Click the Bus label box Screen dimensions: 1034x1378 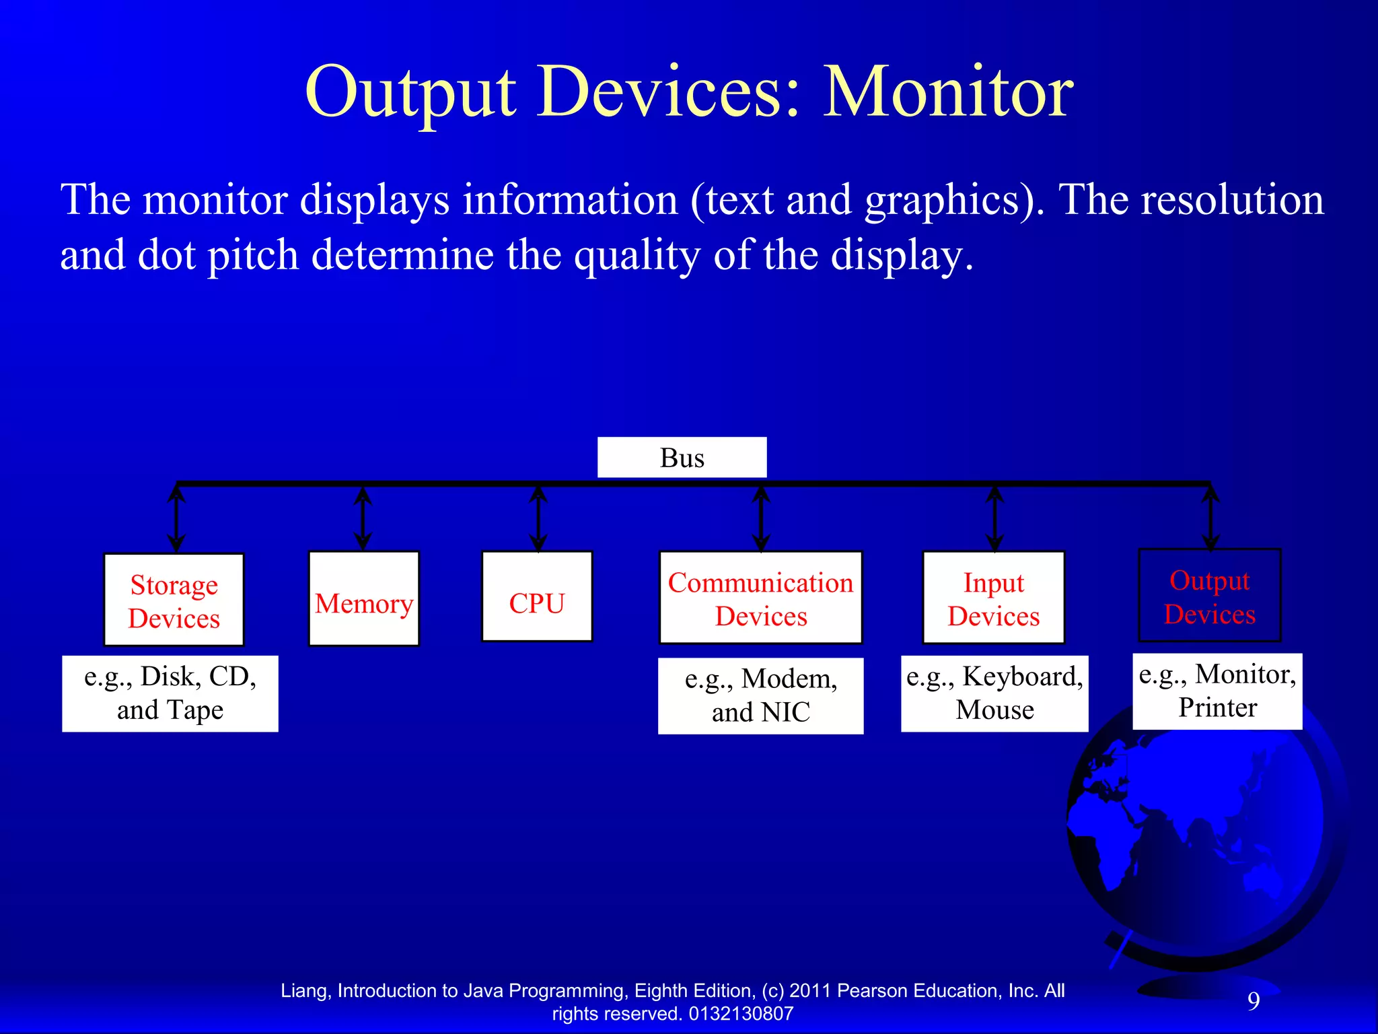click(682, 458)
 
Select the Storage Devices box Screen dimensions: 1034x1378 click(174, 600)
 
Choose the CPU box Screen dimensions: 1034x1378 click(537, 597)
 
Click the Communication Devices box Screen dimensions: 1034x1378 click(760, 598)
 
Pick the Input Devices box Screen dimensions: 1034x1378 click(993, 598)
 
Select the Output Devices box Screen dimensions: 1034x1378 click(1209, 596)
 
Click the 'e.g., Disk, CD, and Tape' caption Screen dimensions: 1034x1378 click(170, 693)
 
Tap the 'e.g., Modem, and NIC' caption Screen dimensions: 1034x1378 click(760, 696)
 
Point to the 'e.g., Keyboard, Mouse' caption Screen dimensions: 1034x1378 click(994, 693)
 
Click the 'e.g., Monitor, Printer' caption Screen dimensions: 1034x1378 click(1217, 691)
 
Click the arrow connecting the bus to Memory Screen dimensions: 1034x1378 click(363, 518)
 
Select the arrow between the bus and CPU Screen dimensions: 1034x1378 click(538, 518)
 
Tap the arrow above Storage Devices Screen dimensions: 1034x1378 click(176, 518)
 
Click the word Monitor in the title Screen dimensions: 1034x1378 click(948, 92)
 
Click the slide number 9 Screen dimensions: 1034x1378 click(1254, 1001)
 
